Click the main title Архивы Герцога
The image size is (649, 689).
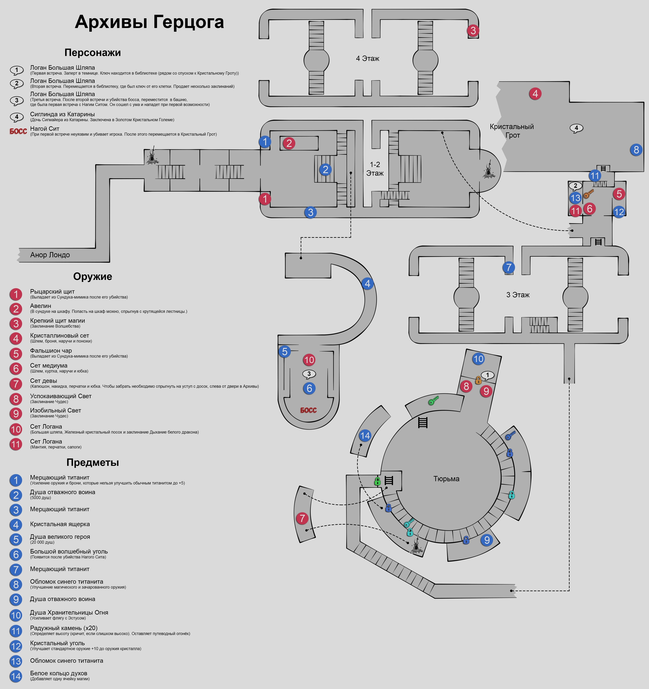tap(149, 22)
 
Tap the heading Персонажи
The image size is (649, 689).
tap(92, 53)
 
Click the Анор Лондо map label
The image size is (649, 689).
tap(50, 255)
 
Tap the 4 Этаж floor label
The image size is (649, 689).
tap(367, 59)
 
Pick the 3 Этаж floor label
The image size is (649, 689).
tap(518, 295)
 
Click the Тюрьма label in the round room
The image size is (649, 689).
tap(446, 479)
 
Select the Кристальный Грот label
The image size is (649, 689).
tap(511, 131)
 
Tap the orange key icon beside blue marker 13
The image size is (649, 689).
tap(588, 193)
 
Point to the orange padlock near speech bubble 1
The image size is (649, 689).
tap(478, 380)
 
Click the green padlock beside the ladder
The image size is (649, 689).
tap(378, 481)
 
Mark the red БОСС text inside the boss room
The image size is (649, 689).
tap(308, 410)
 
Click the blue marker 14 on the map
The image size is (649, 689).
tap(365, 436)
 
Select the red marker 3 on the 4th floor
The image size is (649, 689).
tap(473, 30)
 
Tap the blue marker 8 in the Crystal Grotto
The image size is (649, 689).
tap(636, 150)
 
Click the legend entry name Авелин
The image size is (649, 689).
tap(41, 306)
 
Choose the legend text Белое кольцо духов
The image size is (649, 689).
tap(59, 673)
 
